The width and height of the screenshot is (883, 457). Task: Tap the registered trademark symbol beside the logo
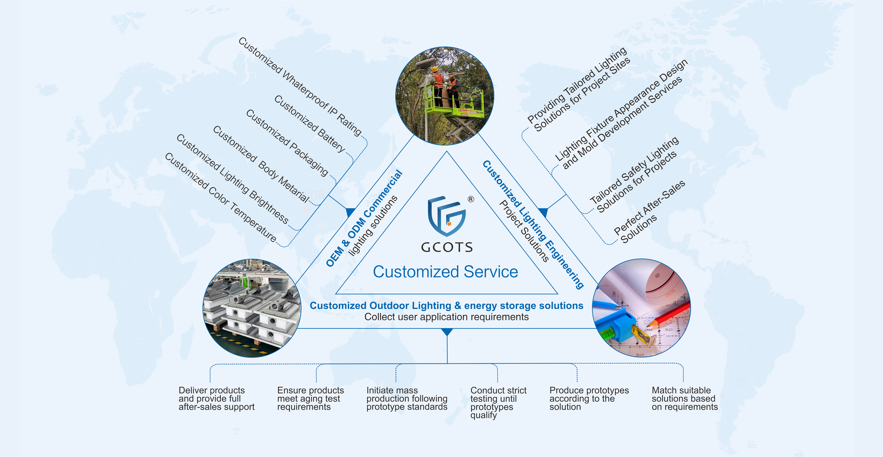pyautogui.click(x=471, y=199)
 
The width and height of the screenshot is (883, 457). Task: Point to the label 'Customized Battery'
pyautogui.click(x=309, y=123)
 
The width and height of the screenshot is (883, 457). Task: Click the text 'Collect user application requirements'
pyautogui.click(x=446, y=317)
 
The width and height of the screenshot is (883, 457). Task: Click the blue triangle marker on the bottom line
pyautogui.click(x=447, y=332)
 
